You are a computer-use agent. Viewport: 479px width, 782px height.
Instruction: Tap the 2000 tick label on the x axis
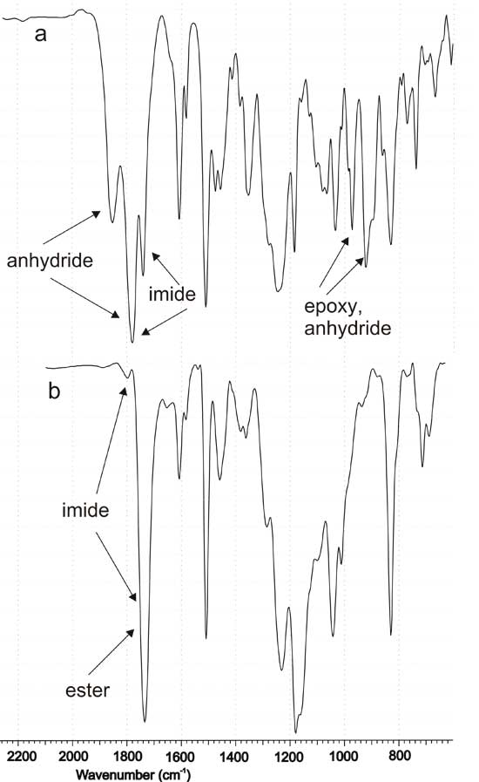pos(73,756)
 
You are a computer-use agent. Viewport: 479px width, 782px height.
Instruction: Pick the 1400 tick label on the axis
pos(234,756)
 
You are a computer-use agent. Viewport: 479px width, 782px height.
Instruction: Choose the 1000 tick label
pos(343,756)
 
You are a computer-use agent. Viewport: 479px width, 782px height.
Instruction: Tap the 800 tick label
pos(398,756)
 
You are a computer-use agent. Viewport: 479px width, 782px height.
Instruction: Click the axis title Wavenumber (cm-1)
pos(132,774)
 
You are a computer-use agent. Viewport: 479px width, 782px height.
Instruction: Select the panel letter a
pos(40,34)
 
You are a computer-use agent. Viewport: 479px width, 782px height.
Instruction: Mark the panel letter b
pos(54,391)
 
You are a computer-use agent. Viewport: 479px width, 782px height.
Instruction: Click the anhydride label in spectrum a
pos(50,261)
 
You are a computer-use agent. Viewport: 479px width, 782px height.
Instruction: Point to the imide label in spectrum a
pos(172,294)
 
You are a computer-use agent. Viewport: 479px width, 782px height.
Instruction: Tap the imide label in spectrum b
pos(85,510)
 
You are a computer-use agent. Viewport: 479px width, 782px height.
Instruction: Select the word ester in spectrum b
pos(87,690)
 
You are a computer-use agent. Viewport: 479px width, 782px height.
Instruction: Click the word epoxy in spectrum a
pos(332,307)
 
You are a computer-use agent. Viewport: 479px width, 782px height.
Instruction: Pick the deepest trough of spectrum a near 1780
pos(132,342)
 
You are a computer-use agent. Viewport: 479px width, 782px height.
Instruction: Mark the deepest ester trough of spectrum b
pos(145,721)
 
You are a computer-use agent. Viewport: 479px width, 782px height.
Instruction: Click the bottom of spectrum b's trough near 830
pos(391,635)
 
